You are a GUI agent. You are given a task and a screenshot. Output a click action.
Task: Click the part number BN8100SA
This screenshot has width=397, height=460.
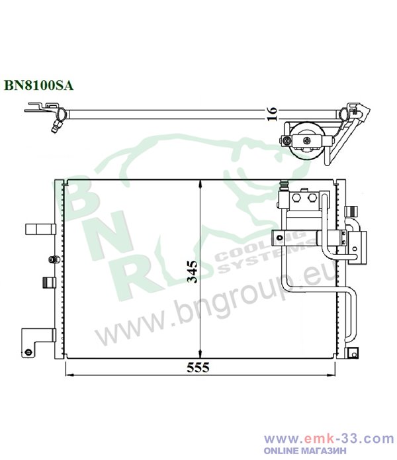pyautogui.click(x=38, y=85)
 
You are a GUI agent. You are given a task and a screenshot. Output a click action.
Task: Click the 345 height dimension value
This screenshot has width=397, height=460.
pyautogui.click(x=192, y=271)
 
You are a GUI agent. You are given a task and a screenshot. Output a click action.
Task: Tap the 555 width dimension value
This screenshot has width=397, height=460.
pyautogui.click(x=198, y=367)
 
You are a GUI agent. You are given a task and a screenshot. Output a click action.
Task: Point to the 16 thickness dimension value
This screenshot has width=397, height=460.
pyautogui.click(x=272, y=114)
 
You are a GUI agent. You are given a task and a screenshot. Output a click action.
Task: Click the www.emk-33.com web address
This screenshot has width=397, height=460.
pyautogui.click(x=329, y=439)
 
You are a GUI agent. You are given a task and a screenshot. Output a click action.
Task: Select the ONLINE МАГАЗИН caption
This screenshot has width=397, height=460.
pyautogui.click(x=305, y=450)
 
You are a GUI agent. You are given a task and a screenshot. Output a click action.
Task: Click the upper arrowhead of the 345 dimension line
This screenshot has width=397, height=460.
pyautogui.click(x=200, y=184)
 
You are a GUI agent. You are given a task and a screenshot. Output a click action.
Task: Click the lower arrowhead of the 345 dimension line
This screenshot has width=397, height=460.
pyautogui.click(x=200, y=354)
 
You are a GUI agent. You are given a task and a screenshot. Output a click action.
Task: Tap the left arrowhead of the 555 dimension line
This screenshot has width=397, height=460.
pyautogui.click(x=69, y=375)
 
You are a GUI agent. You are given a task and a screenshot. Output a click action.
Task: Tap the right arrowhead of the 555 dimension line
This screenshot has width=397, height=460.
pyautogui.click(x=331, y=375)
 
